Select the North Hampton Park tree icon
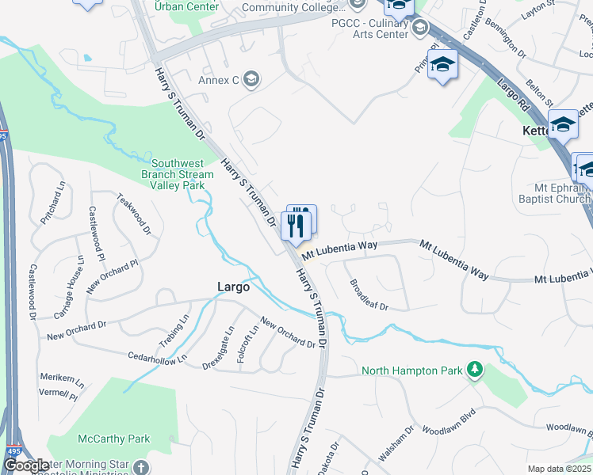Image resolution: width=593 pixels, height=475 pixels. pos(474,370)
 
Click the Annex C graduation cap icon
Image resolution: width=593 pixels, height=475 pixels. pos(251,78)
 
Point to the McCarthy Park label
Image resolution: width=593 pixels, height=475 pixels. pos(113,439)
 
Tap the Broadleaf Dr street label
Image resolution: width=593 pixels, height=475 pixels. pos(369,295)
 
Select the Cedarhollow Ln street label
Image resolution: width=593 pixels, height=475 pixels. pos(157,357)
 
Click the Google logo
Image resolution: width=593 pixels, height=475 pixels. pos(25,465)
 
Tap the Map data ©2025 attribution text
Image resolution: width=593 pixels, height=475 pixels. pos(559,469)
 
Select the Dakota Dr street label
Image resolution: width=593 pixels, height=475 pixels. pos(334,458)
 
